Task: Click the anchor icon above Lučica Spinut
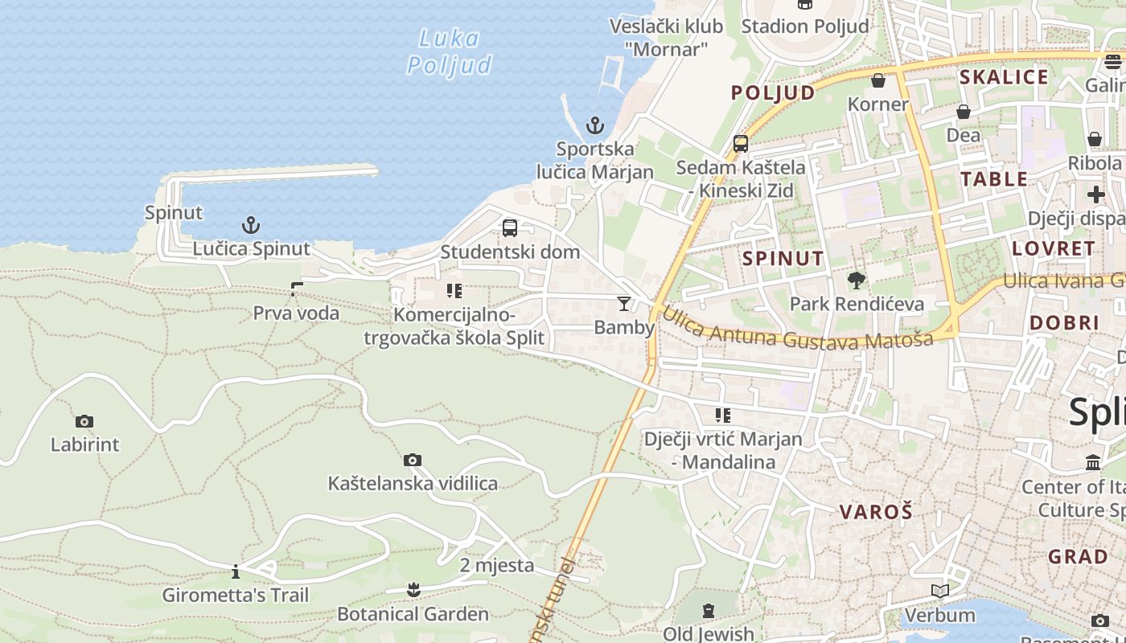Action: coord(251,224)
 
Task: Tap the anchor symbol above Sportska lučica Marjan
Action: coord(594,125)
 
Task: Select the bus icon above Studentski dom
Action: coord(510,227)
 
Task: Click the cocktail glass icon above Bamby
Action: coord(623,303)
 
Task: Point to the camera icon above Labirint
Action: coord(84,421)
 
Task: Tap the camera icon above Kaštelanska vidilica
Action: coord(413,460)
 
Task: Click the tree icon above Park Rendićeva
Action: coord(857,281)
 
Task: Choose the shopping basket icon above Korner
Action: coord(878,80)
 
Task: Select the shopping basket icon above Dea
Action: coord(963,112)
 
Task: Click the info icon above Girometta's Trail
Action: coord(236,571)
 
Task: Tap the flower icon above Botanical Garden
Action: coord(413,590)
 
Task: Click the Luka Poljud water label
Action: coord(449,51)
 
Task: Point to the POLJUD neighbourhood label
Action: coord(773,92)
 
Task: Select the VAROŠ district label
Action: coord(876,512)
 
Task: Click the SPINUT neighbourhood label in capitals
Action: coord(783,258)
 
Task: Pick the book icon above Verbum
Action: coord(939,592)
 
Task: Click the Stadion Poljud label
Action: coord(805,26)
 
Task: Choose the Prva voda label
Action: coord(296,313)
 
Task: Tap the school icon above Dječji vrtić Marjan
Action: coord(723,416)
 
